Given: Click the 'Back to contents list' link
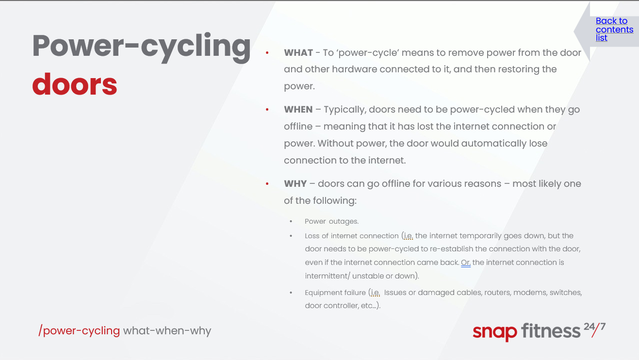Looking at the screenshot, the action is pyautogui.click(x=614, y=29).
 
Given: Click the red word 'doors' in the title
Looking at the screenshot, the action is pyautogui.click(x=75, y=84).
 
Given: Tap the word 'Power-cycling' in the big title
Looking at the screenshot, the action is pyautogui.click(x=142, y=47).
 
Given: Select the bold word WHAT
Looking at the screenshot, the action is pyautogui.click(x=298, y=52).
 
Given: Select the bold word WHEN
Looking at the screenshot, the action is pyautogui.click(x=298, y=109).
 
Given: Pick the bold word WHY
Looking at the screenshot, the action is pyautogui.click(x=295, y=183).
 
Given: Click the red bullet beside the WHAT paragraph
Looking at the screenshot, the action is pyautogui.click(x=267, y=53).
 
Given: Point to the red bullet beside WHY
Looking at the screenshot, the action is pyautogui.click(x=267, y=184).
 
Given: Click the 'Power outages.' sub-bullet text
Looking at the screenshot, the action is pyautogui.click(x=331, y=221).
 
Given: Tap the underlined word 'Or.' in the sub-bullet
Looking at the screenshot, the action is pyautogui.click(x=466, y=262).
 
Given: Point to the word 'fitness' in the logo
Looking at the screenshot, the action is pyautogui.click(x=551, y=330).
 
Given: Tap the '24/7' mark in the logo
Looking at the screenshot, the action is pyautogui.click(x=594, y=329).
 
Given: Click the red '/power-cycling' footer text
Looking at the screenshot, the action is pyautogui.click(x=79, y=330).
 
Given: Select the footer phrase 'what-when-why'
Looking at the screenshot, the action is pyautogui.click(x=167, y=330).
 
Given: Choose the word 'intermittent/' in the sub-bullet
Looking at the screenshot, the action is pyautogui.click(x=328, y=276).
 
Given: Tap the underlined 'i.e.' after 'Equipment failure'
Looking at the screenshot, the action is pyautogui.click(x=376, y=293).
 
